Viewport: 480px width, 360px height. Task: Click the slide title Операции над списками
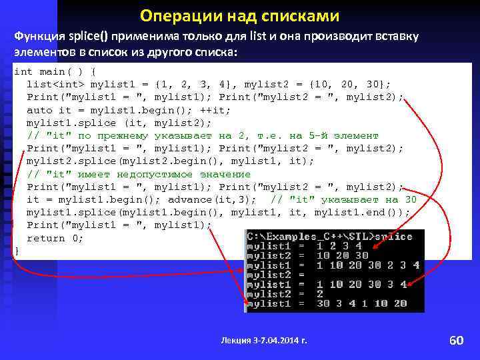click(x=239, y=15)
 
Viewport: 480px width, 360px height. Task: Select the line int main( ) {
click(x=57, y=71)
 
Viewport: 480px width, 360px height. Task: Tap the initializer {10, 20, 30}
click(x=357, y=84)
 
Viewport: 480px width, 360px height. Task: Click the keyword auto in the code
click(x=39, y=110)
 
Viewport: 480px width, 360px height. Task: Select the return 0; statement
click(x=55, y=238)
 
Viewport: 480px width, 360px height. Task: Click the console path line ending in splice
click(x=329, y=237)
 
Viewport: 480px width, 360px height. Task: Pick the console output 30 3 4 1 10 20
click(x=362, y=303)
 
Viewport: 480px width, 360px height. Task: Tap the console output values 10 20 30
click(x=342, y=255)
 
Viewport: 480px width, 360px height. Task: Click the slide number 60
click(x=456, y=341)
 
